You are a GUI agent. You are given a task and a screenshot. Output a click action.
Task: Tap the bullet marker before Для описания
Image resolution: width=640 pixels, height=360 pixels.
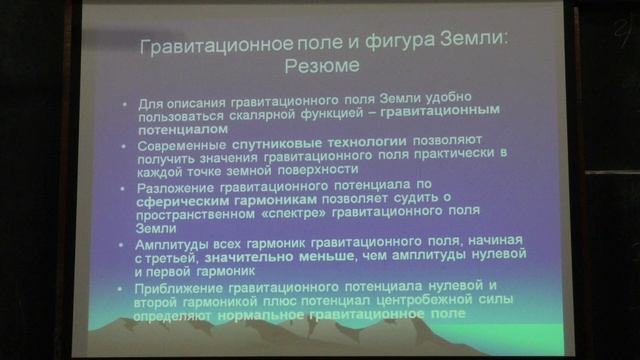tap(121, 104)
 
